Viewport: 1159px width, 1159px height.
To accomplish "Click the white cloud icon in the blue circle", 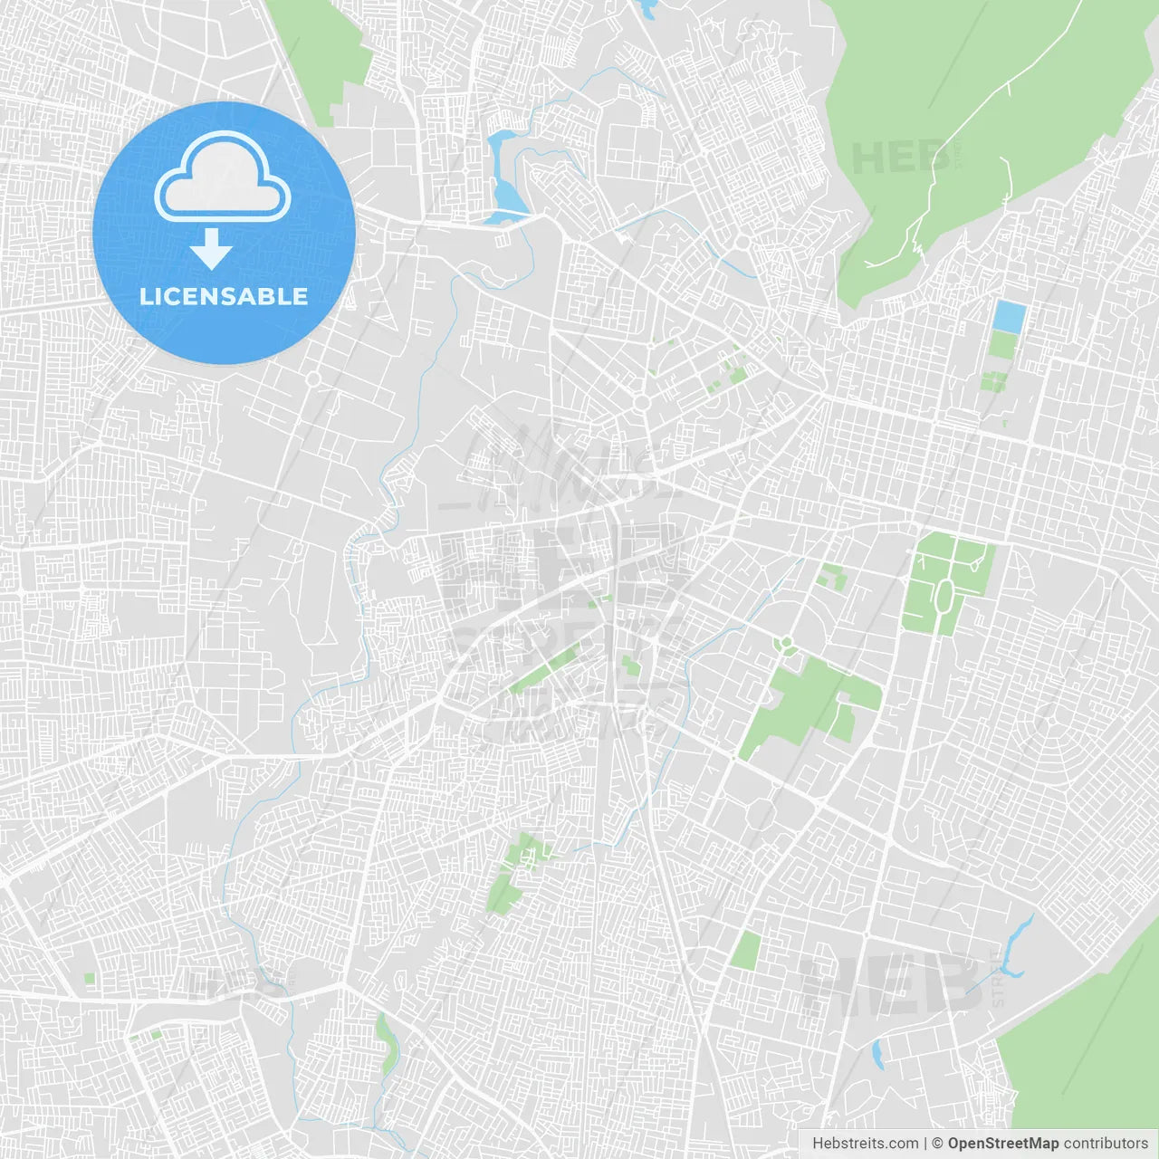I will tap(223, 177).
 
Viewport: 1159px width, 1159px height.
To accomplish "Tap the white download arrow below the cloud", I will tap(211, 249).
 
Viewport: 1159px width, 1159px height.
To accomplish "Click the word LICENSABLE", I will tap(224, 296).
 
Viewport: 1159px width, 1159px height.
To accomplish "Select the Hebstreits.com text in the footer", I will tap(865, 1144).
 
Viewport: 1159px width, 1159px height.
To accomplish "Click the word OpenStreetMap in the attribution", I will tap(1002, 1144).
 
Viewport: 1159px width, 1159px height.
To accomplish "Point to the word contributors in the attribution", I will tap(1106, 1144).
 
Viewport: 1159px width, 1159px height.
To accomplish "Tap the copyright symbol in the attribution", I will tap(937, 1144).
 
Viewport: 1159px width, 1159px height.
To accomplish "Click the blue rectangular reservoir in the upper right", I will tap(1009, 316).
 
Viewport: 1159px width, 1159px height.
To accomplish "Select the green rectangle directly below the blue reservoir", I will tap(1002, 345).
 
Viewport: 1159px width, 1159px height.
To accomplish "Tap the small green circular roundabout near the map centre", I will tap(786, 644).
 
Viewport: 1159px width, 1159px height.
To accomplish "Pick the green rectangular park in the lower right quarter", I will tap(746, 951).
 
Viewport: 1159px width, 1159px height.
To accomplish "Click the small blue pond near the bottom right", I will tap(876, 1054).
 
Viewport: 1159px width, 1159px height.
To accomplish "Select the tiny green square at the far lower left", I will tap(89, 979).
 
